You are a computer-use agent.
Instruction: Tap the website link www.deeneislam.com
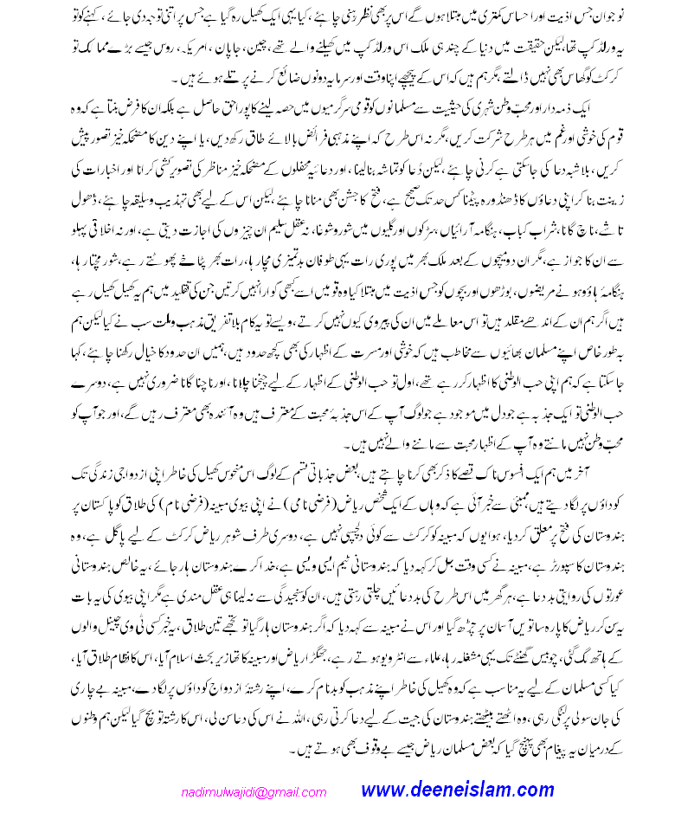(457, 790)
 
